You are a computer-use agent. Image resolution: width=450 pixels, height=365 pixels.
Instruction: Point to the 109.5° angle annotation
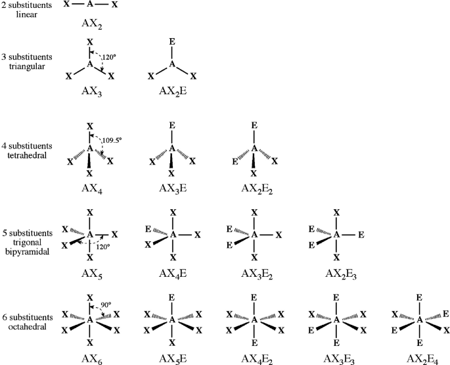(x=112, y=140)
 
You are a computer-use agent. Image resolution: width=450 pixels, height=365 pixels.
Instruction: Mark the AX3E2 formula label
(x=255, y=272)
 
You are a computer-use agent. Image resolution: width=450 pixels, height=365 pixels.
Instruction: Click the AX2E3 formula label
(x=336, y=272)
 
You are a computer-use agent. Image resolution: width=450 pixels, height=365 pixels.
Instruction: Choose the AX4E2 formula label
(x=255, y=356)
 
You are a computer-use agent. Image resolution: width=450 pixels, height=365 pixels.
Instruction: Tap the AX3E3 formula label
(x=336, y=356)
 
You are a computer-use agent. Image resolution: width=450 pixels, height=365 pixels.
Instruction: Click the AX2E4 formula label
(x=419, y=356)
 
